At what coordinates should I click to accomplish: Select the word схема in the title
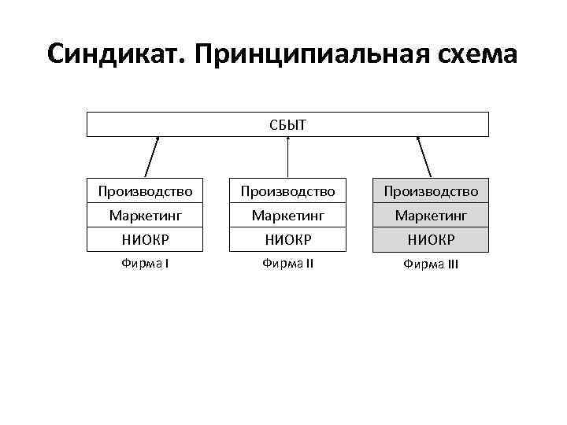point(479,54)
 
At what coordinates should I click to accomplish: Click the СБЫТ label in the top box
point(287,124)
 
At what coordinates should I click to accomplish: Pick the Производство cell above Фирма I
point(145,191)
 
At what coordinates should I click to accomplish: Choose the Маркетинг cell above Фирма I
point(145,215)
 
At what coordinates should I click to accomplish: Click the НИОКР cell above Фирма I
point(145,238)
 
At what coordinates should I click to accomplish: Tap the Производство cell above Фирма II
point(287,191)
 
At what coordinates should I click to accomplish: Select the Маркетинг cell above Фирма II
point(287,215)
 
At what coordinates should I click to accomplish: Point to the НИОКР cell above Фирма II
point(287,238)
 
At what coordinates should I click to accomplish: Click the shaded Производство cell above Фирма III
point(431,191)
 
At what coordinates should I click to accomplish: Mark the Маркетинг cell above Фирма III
point(431,215)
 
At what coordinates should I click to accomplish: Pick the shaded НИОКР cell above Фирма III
point(431,238)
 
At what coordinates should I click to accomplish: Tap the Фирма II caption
point(287,263)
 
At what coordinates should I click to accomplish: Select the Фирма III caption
point(431,264)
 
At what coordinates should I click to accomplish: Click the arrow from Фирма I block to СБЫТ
point(152,157)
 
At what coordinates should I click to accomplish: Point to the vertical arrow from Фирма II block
point(288,157)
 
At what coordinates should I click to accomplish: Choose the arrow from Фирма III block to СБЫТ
point(424,157)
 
